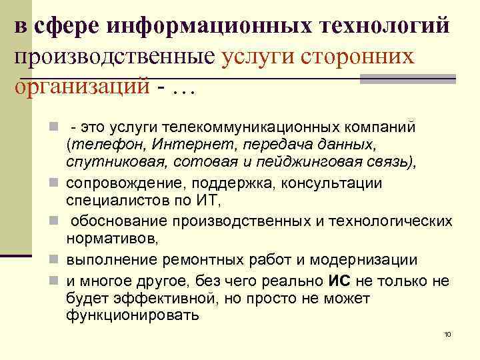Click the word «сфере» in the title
pyautogui.click(x=66, y=26)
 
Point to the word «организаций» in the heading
pyautogui.click(x=83, y=86)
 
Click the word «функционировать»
pyautogui.click(x=133, y=315)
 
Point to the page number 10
pyautogui.click(x=447, y=333)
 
